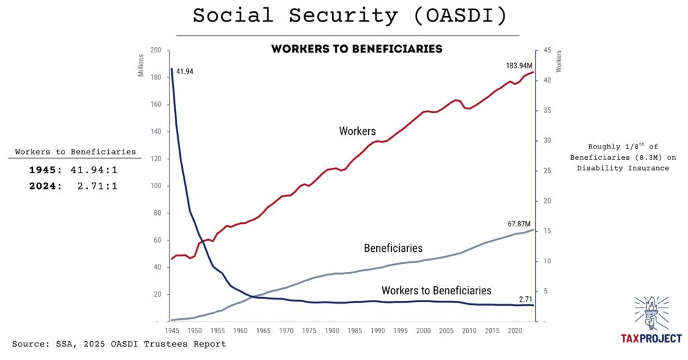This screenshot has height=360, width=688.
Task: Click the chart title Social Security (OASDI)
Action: [x=347, y=15]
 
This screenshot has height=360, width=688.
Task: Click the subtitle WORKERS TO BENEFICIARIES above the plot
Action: [x=356, y=49]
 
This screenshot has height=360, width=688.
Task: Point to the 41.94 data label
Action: [x=185, y=71]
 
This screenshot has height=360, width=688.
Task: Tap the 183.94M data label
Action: [x=519, y=66]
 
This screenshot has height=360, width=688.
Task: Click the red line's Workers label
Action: [x=357, y=131]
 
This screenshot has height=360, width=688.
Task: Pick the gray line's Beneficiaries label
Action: [x=393, y=248]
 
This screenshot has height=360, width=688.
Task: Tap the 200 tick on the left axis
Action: [x=157, y=50]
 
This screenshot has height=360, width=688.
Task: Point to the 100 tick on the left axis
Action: [x=157, y=186]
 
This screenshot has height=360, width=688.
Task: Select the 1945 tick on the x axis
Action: [x=171, y=330]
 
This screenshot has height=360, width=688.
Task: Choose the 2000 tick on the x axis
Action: [x=423, y=330]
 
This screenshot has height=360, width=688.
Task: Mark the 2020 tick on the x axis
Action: [x=515, y=330]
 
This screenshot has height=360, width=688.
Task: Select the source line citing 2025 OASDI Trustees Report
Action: [x=119, y=344]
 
